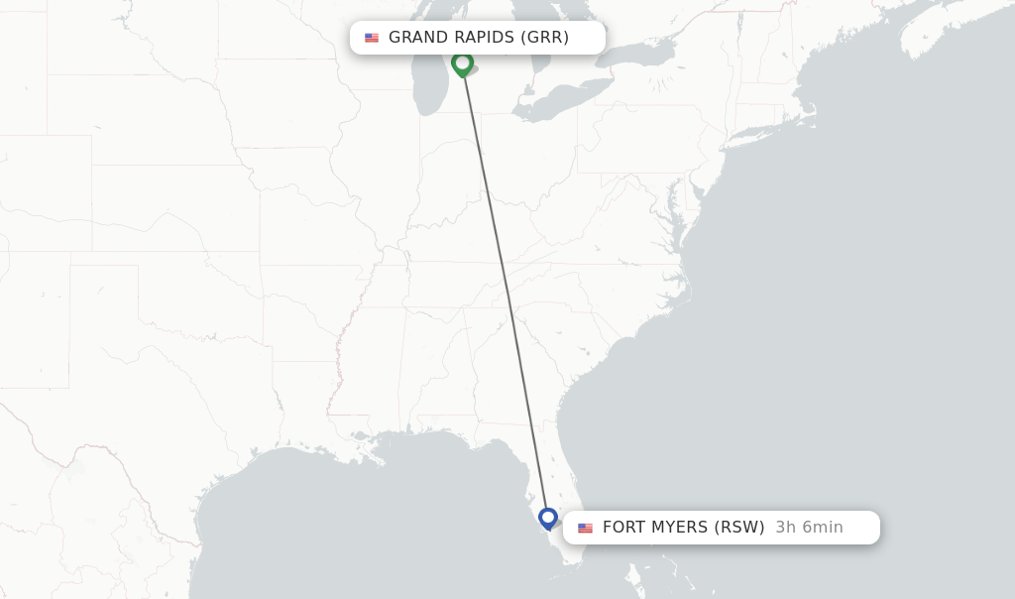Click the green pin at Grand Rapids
(462, 63)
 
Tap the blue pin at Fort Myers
(548, 518)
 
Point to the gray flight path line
(505, 288)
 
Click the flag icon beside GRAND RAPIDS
(372, 38)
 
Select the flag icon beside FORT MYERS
(585, 528)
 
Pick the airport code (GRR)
(544, 38)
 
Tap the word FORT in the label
(623, 528)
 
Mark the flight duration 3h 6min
(809, 528)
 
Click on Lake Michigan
(432, 79)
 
